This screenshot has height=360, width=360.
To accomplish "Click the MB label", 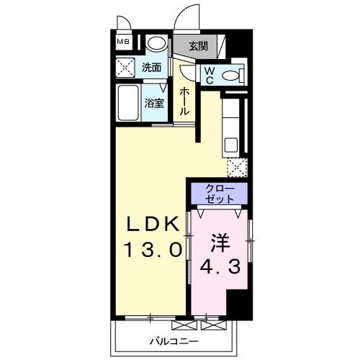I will [123, 42].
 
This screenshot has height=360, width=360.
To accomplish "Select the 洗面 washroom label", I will [152, 68].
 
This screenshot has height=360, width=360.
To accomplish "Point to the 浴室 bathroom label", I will [154, 103].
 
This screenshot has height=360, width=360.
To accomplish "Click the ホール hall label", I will [185, 102].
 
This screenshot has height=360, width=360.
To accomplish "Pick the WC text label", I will [208, 75].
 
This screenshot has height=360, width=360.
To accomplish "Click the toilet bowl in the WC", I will [230, 74].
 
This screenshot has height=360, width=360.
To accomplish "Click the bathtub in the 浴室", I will [127, 103].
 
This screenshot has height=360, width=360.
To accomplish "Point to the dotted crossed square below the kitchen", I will [237, 168].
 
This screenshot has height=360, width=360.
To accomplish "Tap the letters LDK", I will [151, 225].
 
